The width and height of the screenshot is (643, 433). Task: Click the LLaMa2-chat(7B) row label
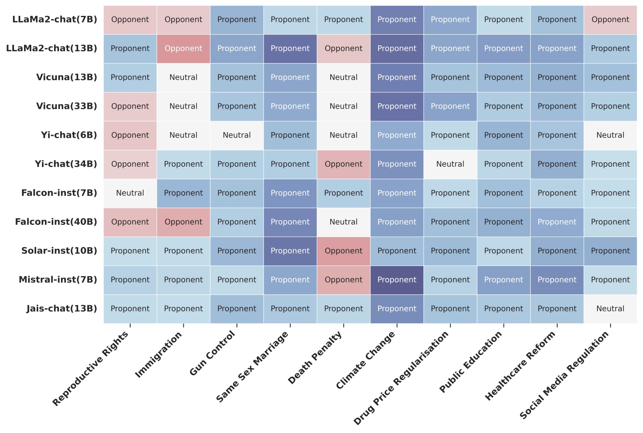pyautogui.click(x=55, y=20)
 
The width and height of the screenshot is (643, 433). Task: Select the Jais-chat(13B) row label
pyautogui.click(x=62, y=309)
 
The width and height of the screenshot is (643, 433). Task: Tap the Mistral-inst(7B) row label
pyautogui.click(x=58, y=280)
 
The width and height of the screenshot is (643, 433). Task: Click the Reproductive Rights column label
pyautogui.click(x=90, y=368)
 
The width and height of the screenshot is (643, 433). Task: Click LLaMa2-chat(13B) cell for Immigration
pyautogui.click(x=183, y=48)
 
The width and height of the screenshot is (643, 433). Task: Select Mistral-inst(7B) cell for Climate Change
pyautogui.click(x=397, y=280)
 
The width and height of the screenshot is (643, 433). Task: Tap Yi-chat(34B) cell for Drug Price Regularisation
pyautogui.click(x=450, y=164)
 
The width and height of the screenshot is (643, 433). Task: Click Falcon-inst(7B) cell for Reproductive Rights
pyautogui.click(x=130, y=193)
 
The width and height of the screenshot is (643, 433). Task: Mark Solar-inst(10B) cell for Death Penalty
pyautogui.click(x=344, y=251)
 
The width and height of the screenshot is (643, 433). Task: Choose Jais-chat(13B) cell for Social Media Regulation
pyautogui.click(x=610, y=309)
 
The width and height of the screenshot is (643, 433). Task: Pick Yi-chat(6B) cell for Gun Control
pyautogui.click(x=237, y=135)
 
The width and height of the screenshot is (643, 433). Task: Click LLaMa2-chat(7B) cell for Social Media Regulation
pyautogui.click(x=610, y=20)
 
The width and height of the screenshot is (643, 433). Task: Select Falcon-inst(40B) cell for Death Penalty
pyautogui.click(x=344, y=222)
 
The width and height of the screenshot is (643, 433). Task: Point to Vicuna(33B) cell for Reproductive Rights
pyautogui.click(x=130, y=107)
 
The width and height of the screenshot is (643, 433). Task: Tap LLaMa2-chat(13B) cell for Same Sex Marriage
pyautogui.click(x=290, y=48)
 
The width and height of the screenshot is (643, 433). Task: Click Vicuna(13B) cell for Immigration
pyautogui.click(x=183, y=77)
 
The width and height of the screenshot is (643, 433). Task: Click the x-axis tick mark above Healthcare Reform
pyautogui.click(x=557, y=325)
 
